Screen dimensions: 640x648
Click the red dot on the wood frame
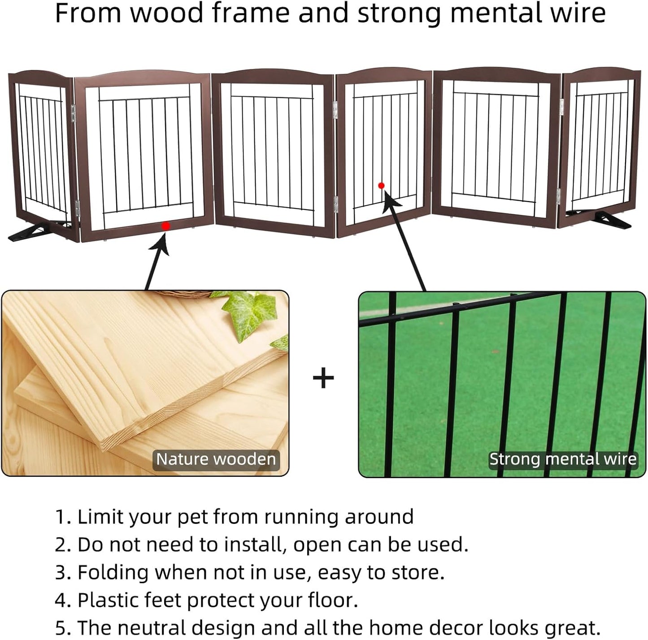165,226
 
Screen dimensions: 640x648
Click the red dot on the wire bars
381,186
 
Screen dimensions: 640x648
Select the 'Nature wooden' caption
216,459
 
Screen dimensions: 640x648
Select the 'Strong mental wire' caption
563,459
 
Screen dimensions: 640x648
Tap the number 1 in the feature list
61,517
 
